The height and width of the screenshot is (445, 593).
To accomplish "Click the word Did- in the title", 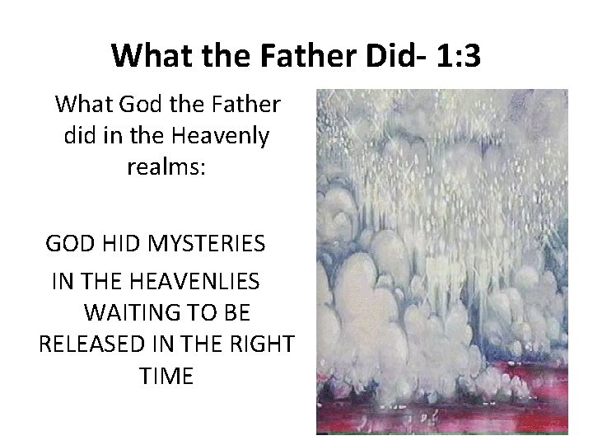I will click(373, 55).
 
